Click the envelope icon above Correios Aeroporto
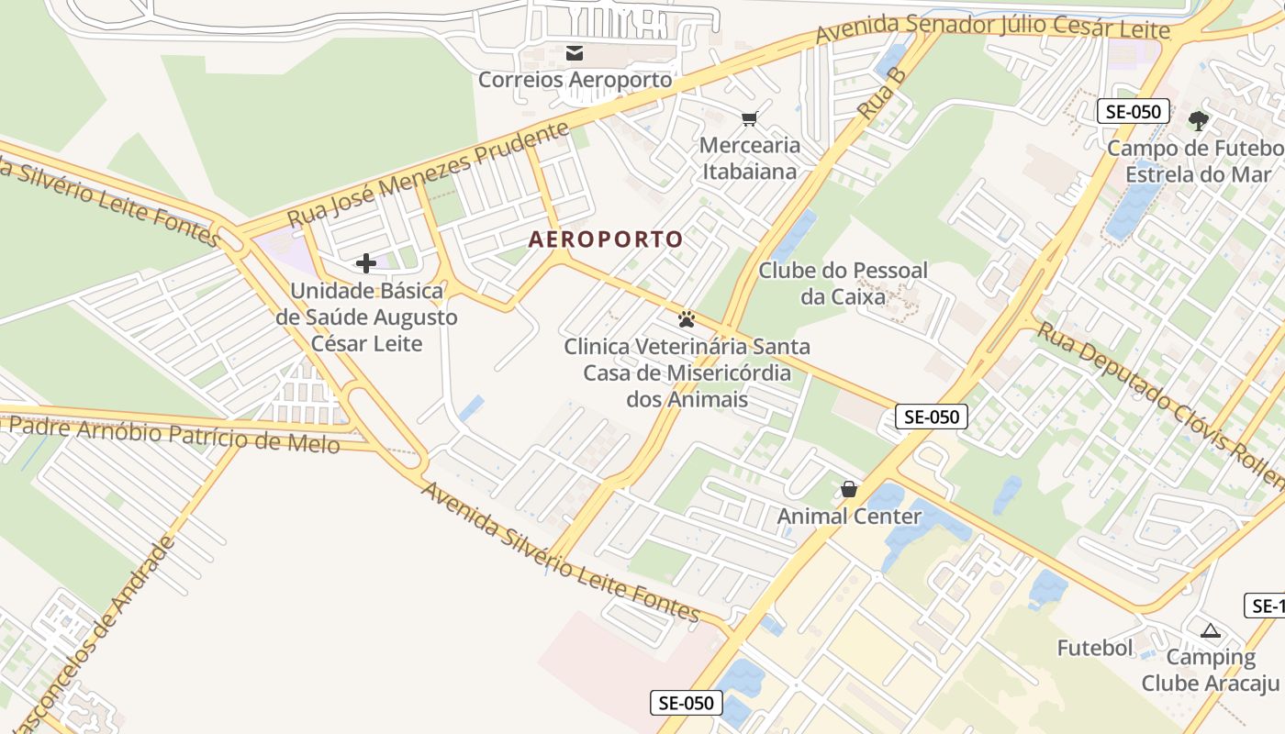click(575, 53)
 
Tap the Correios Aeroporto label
click(575, 80)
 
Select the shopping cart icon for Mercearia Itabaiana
click(750, 118)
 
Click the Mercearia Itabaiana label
click(750, 158)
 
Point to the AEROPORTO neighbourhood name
click(606, 240)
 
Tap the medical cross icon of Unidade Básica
click(366, 264)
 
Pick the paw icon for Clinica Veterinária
click(687, 319)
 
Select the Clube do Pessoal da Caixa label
click(843, 284)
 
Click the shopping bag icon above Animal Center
click(849, 489)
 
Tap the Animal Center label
click(849, 517)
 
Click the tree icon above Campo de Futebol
click(1198, 120)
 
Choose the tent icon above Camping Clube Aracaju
click(1210, 630)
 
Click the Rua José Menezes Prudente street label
click(429, 175)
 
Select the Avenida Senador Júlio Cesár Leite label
click(993, 28)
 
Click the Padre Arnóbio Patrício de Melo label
click(174, 434)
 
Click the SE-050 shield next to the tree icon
click(1134, 112)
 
